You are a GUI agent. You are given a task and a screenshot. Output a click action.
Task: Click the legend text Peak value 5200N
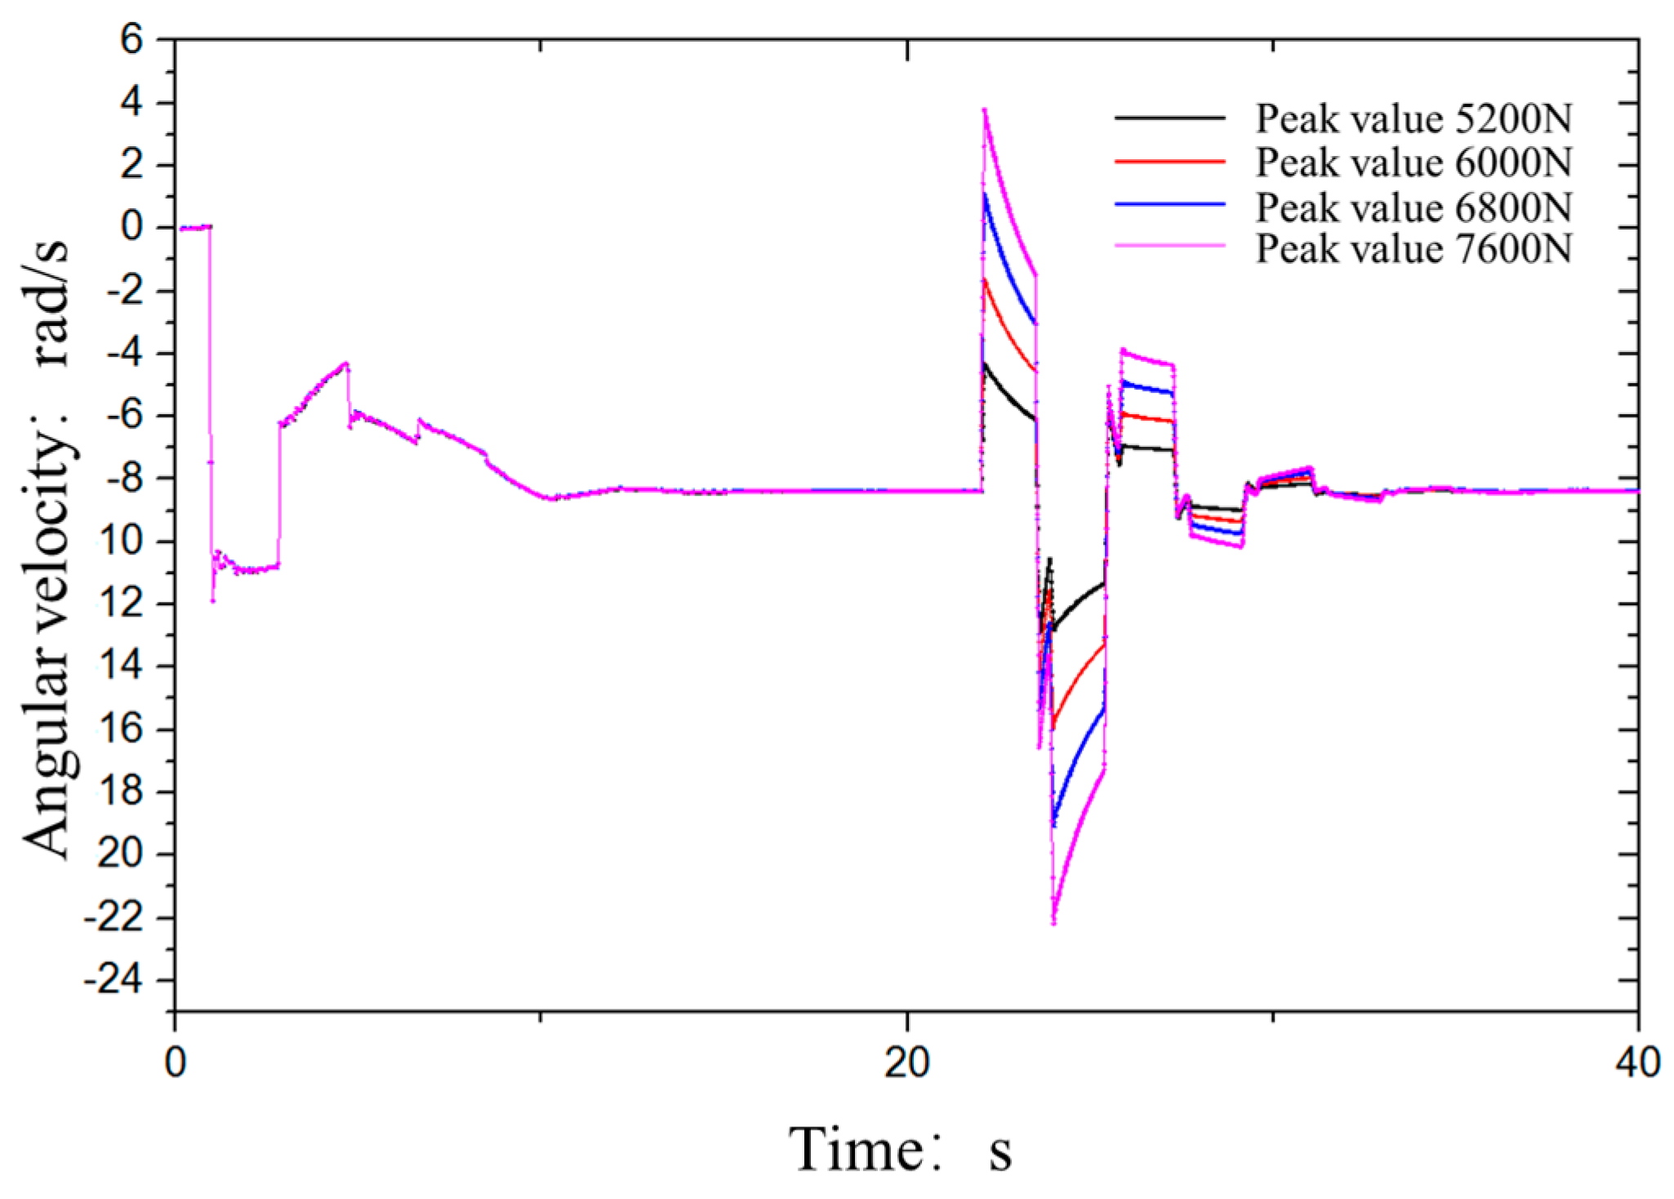click(1413, 119)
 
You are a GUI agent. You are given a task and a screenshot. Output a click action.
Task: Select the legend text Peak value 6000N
click(1413, 163)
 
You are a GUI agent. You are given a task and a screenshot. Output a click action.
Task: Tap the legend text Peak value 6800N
click(1413, 207)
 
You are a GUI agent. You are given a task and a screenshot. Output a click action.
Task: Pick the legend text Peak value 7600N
click(1413, 248)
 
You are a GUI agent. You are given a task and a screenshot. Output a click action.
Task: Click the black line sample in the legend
click(1169, 118)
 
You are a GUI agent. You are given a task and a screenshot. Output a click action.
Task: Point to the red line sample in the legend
click(1169, 162)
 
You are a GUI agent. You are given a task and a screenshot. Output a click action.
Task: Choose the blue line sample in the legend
click(1169, 203)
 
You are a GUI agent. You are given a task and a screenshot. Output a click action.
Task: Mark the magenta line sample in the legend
click(1169, 245)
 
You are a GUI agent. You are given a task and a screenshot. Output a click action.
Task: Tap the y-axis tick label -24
click(118, 980)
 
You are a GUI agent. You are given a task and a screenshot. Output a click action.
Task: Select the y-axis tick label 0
click(132, 227)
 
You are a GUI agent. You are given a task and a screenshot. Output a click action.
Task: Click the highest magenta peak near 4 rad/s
click(985, 109)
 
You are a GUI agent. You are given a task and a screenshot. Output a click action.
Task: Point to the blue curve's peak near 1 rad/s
click(985, 194)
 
